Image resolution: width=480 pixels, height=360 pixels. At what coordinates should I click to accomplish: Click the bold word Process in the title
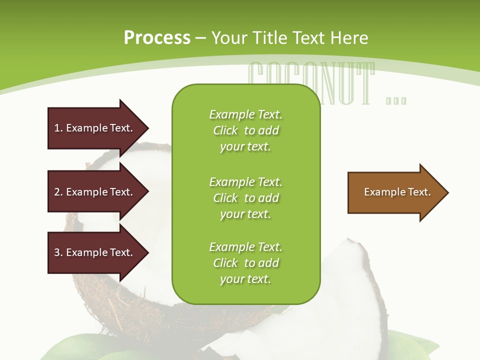(157, 38)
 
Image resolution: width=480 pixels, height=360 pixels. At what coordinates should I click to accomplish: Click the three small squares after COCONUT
(396, 100)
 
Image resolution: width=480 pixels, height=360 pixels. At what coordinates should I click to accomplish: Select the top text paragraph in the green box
(245, 130)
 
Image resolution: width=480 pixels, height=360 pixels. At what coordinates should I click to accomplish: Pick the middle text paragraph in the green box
(245, 198)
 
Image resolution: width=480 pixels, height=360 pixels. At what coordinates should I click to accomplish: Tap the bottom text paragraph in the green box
(245, 263)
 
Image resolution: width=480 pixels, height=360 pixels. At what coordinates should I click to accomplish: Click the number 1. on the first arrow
(58, 128)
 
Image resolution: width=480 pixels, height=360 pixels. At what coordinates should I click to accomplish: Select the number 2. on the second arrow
(58, 192)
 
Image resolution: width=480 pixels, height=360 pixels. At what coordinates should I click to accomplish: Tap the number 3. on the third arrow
(58, 252)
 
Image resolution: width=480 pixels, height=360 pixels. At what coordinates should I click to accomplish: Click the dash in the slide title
(200, 38)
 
